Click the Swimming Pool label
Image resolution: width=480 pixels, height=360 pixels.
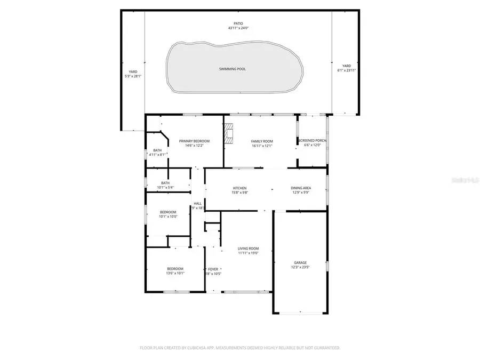tap(232, 69)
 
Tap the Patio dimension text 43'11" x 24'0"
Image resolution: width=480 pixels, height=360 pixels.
tap(238, 28)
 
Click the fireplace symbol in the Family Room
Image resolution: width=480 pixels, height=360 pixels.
tap(229, 134)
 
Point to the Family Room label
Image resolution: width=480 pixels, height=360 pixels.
tap(262, 141)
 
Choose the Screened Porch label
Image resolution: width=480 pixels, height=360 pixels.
tap(312, 140)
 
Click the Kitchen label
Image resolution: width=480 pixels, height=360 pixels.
tap(239, 188)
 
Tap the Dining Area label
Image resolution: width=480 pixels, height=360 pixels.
tap(301, 188)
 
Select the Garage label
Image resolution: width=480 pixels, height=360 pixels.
tap(300, 262)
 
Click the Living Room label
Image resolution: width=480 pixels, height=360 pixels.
tap(248, 248)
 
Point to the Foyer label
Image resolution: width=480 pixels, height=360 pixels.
tap(213, 269)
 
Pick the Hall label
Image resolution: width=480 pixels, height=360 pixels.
tap(197, 203)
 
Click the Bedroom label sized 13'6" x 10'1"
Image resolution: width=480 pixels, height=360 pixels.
tap(175, 268)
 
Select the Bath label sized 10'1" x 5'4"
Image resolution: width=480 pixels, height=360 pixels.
tap(165, 183)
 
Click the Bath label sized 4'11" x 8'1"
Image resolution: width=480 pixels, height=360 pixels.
tap(157, 150)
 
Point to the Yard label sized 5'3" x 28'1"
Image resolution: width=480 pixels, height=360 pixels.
tap(133, 71)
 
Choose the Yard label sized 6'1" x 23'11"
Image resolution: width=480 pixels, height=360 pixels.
tap(346, 66)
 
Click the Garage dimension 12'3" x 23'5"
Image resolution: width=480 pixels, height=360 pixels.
tap(300, 267)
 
